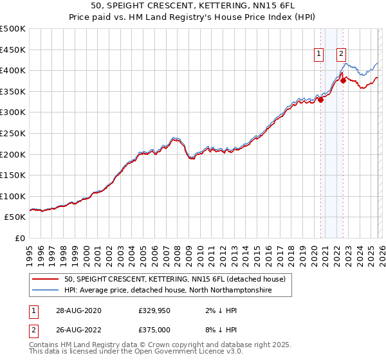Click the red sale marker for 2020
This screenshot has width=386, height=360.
pyautogui.click(x=320, y=99)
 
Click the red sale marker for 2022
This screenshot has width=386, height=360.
pyautogui.click(x=343, y=80)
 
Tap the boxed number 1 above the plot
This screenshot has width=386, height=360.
pyautogui.click(x=318, y=55)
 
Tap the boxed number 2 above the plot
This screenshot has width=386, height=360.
pyautogui.click(x=341, y=55)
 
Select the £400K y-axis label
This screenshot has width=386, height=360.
pyautogui.click(x=13, y=70)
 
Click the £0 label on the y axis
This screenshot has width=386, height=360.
pyautogui.click(x=19, y=238)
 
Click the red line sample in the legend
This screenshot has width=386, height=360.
pyautogui.click(x=45, y=279)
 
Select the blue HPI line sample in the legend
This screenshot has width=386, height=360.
pyautogui.click(x=45, y=291)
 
